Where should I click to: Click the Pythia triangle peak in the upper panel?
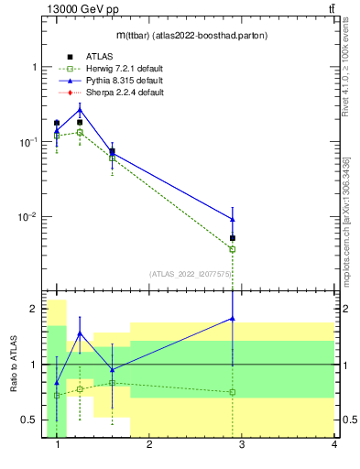[x=80, y=110]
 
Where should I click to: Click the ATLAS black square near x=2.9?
[x=233, y=238]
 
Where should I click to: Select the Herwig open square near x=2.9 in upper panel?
[x=233, y=249]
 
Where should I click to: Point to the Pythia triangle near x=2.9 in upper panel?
[x=233, y=219]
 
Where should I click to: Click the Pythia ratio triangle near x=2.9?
[x=233, y=319]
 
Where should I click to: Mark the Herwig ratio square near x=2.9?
[x=233, y=392]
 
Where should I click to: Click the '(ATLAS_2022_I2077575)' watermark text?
[x=191, y=274]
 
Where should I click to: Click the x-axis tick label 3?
[x=242, y=445]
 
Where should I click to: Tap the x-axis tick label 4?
[x=333, y=445]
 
